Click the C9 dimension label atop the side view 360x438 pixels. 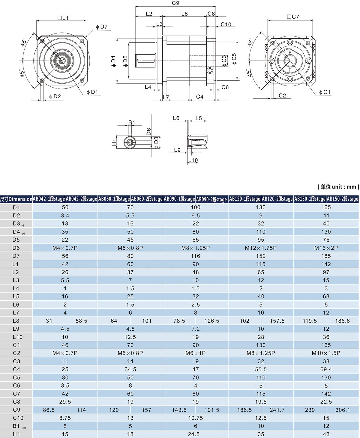click(175, 3)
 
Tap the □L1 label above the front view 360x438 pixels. click(63, 18)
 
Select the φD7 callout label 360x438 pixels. click(102, 27)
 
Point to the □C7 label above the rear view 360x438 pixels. click(293, 17)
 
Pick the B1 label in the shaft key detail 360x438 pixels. click(132, 122)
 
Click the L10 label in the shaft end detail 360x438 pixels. click(193, 160)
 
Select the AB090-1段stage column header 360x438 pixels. click(179, 199)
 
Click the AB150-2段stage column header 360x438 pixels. click(342, 199)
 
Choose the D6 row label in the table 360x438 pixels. click(16, 248)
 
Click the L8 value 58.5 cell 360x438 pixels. click(81, 321)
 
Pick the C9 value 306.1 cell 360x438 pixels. click(342, 410)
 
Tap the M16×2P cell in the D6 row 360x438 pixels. click(326, 248)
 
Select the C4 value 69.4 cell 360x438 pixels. click(326, 369)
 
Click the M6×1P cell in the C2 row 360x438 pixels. click(196, 353)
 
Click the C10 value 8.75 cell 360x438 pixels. click(65, 418)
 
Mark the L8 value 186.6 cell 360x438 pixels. click(342, 321)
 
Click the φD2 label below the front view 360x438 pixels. click(55, 97)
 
